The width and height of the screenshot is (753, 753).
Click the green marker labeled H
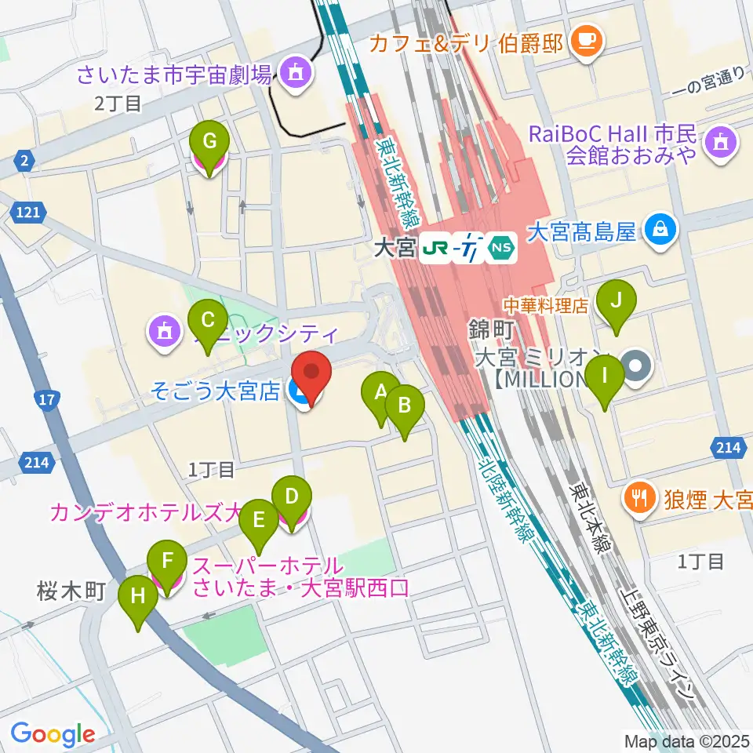coord(138,602)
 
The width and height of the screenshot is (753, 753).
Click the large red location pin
coord(311,377)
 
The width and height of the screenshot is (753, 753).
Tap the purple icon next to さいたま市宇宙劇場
coord(295,75)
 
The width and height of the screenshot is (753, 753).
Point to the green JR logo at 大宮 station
coord(434,249)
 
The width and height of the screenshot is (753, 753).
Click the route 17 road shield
coord(47,399)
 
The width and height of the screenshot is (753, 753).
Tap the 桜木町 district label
coord(70,591)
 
